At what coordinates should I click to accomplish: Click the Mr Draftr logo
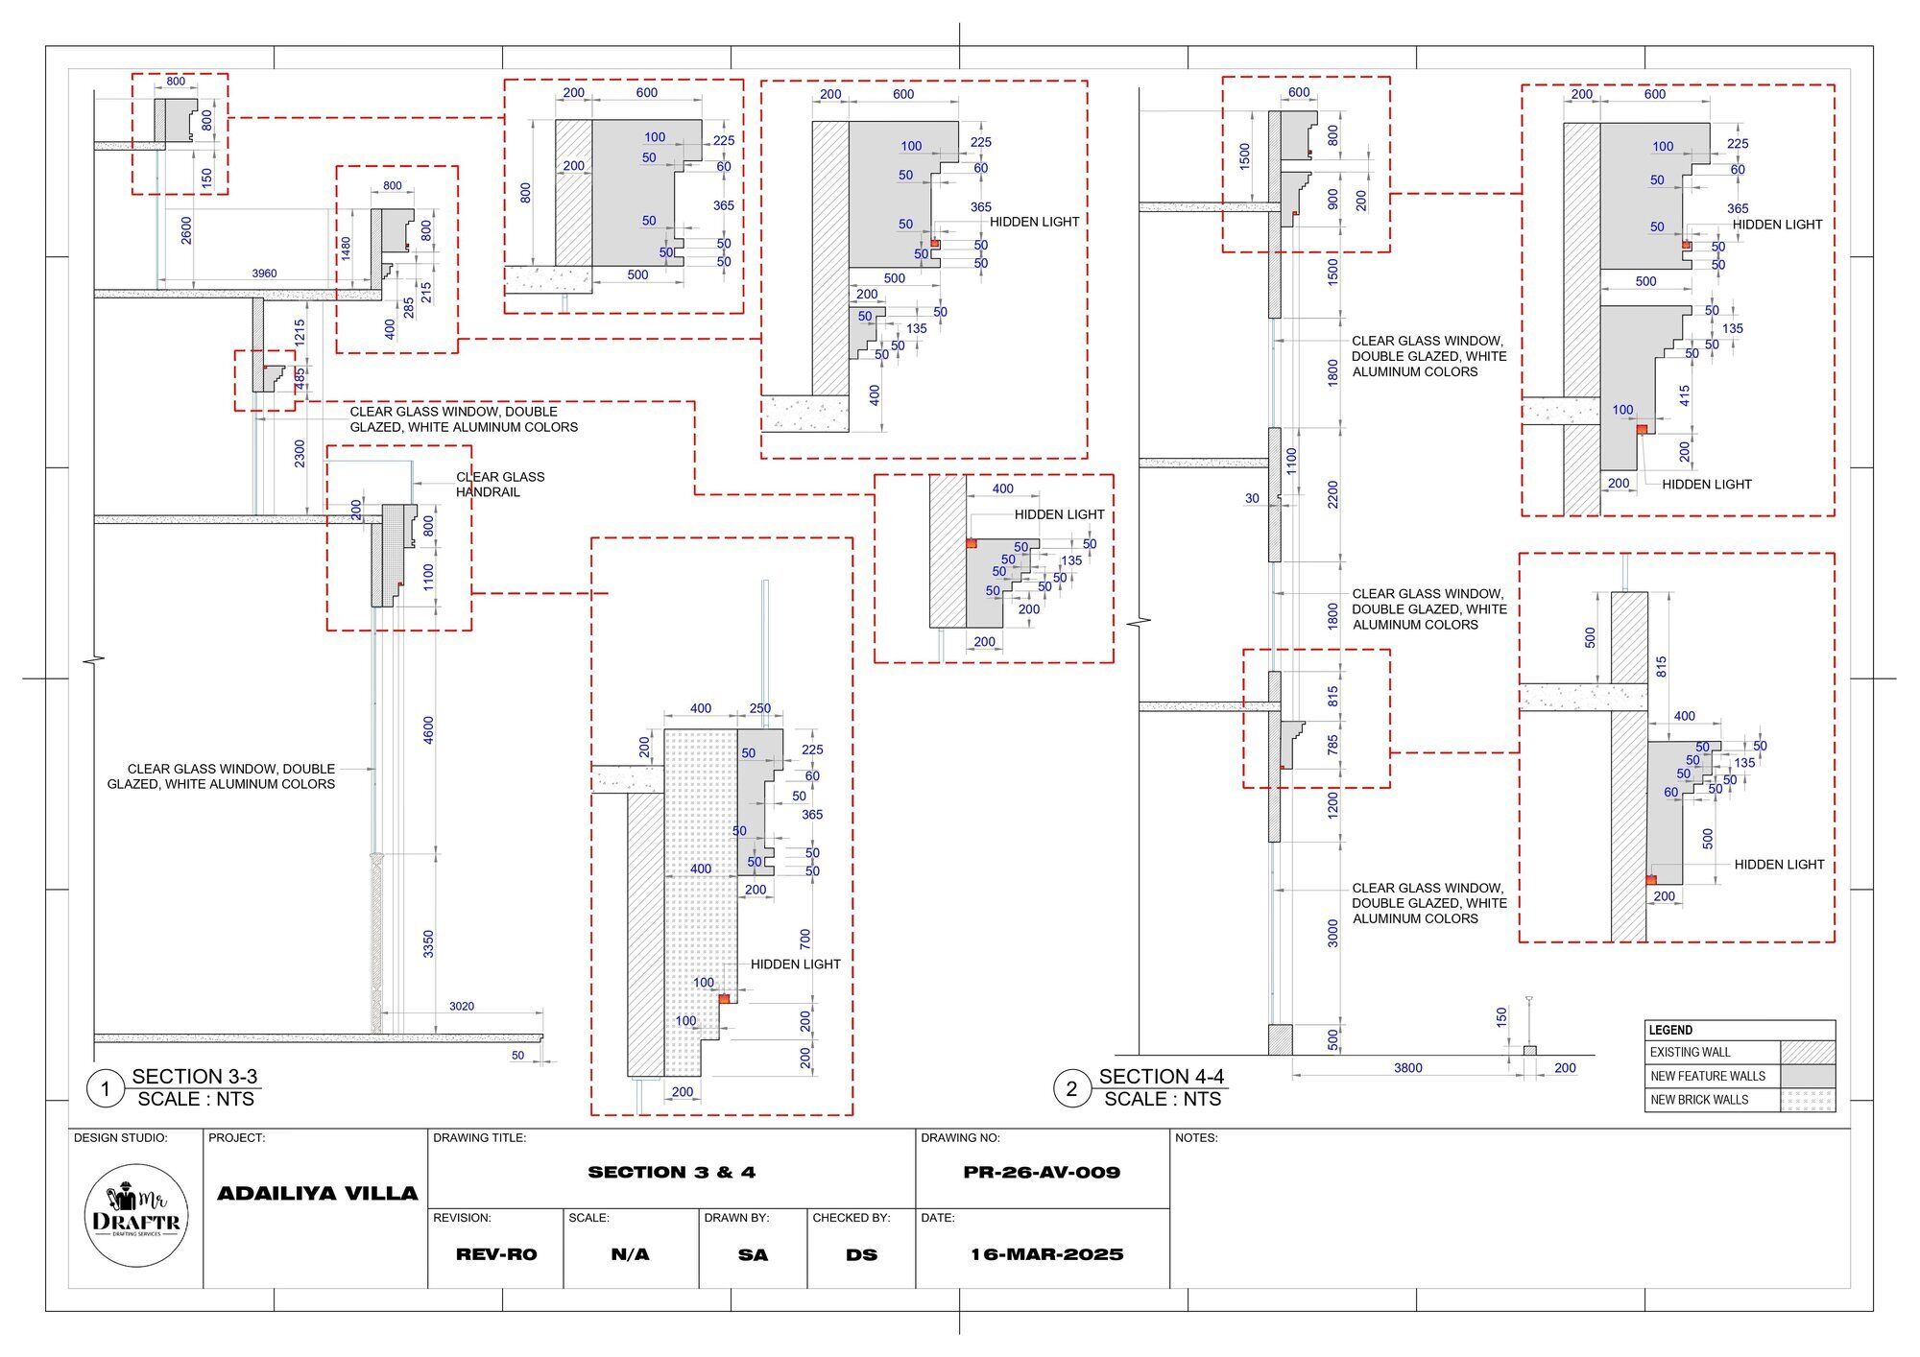(x=136, y=1215)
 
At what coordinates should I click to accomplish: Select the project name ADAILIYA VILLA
(x=318, y=1194)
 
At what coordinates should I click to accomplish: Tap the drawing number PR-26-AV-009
(x=1042, y=1172)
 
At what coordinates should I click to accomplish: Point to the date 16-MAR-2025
(x=1046, y=1254)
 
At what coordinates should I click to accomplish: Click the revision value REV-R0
(x=496, y=1254)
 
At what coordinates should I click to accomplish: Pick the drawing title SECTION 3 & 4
(x=672, y=1172)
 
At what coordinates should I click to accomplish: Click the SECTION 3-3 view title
(x=195, y=1077)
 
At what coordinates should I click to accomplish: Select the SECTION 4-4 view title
(x=1162, y=1077)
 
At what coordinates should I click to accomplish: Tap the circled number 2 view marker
(x=1071, y=1089)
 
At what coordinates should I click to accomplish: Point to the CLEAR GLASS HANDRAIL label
(x=500, y=485)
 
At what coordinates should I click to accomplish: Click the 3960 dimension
(x=264, y=274)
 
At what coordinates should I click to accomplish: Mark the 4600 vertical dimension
(x=429, y=729)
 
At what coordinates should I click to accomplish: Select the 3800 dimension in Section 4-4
(x=1408, y=1068)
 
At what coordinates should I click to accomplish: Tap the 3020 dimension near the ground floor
(x=462, y=1007)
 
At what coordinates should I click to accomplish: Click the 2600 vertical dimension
(x=187, y=230)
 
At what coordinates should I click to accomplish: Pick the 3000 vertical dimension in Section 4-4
(x=1333, y=933)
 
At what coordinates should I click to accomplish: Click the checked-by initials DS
(x=862, y=1254)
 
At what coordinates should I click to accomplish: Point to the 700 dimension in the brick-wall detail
(x=805, y=938)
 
